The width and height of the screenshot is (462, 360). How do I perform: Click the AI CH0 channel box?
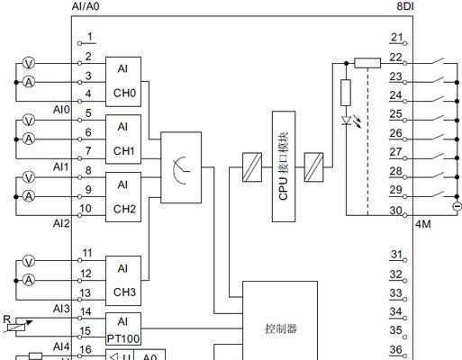[x=123, y=82]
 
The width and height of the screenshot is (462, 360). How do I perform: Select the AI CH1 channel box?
[x=123, y=139]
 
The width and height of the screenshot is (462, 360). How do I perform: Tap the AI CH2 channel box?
[x=123, y=197]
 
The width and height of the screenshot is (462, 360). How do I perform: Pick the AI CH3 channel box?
[x=123, y=281]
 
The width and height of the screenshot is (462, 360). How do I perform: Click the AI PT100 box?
[x=123, y=329]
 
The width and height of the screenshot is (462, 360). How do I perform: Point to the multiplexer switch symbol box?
[x=181, y=167]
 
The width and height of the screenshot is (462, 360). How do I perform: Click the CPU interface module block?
[x=284, y=166]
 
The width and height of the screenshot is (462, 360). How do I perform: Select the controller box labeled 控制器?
[x=280, y=320]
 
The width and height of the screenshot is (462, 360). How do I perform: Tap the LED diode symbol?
[x=347, y=121]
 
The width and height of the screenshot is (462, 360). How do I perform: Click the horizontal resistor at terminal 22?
[x=367, y=63]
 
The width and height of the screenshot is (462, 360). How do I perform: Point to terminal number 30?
[x=395, y=211]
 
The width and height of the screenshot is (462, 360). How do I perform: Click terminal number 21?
[x=396, y=37]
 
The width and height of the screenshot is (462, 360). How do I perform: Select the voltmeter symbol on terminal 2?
[x=29, y=63]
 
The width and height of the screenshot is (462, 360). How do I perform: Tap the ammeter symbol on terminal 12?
[x=29, y=280]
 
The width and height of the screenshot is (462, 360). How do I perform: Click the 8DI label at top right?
[x=405, y=5]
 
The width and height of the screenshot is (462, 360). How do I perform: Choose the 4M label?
[x=423, y=224]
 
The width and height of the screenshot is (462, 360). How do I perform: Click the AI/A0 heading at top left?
[x=86, y=6]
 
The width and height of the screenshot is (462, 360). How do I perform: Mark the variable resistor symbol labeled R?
[x=17, y=327]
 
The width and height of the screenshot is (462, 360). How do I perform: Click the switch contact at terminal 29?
[x=438, y=194]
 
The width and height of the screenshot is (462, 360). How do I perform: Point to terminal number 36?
[x=395, y=349]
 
